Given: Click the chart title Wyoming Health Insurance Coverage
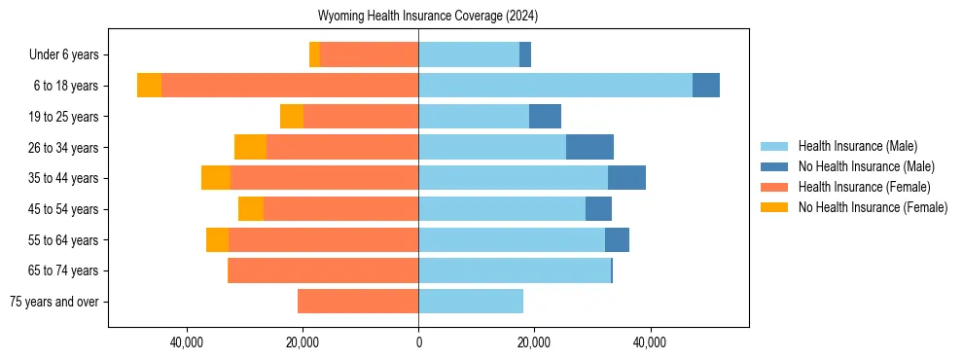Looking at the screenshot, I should (428, 17).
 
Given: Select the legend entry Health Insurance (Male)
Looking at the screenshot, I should (857, 146).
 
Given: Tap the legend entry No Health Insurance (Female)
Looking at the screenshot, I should (873, 207).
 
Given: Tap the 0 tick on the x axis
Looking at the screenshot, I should (418, 342).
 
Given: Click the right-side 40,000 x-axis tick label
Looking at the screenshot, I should (649, 342).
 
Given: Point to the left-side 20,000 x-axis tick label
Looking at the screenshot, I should (303, 342).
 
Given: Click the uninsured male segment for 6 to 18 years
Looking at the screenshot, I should (706, 86).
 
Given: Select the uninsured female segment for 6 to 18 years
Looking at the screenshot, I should (149, 86).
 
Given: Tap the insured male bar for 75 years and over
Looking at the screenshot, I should (471, 302).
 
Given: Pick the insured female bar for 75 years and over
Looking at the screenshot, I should (358, 302).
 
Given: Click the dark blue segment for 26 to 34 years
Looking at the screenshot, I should (589, 147).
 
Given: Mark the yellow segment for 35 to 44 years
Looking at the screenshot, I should (216, 178).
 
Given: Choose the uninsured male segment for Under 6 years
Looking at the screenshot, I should (525, 54).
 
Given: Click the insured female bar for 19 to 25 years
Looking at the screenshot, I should (361, 117).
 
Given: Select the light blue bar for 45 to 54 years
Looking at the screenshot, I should (502, 209).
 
